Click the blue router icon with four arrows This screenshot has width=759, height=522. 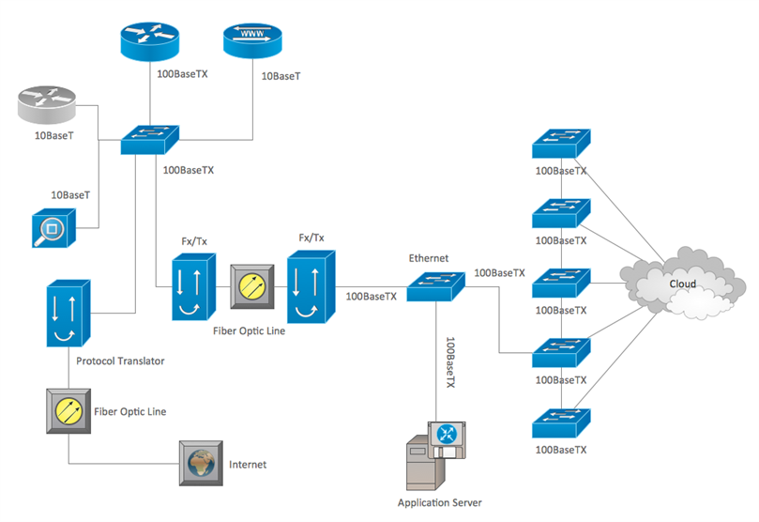coord(149,41)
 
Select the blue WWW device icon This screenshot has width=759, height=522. coord(252,40)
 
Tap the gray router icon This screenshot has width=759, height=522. coord(47,105)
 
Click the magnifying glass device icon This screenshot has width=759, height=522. coord(53,228)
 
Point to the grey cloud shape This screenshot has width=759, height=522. coord(682,284)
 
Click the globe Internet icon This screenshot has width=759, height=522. coord(201,463)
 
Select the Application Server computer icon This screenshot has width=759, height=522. coord(435,455)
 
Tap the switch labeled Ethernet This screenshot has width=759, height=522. coord(435,286)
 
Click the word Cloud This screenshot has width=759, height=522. coord(682,284)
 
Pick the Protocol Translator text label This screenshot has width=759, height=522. coord(120,361)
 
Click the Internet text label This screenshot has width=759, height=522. coord(248,465)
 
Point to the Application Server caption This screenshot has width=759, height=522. coord(439,502)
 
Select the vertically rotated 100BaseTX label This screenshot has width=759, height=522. coord(450,362)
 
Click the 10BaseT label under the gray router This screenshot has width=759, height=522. coord(53,135)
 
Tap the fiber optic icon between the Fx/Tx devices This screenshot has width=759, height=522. coord(252,286)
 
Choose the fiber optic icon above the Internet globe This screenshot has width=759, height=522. coord(68,410)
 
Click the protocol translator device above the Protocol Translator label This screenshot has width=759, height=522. coord(68,313)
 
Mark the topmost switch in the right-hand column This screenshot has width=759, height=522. coord(561,144)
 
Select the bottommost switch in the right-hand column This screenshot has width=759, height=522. coord(561,423)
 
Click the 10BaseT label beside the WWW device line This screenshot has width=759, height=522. coord(281,76)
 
